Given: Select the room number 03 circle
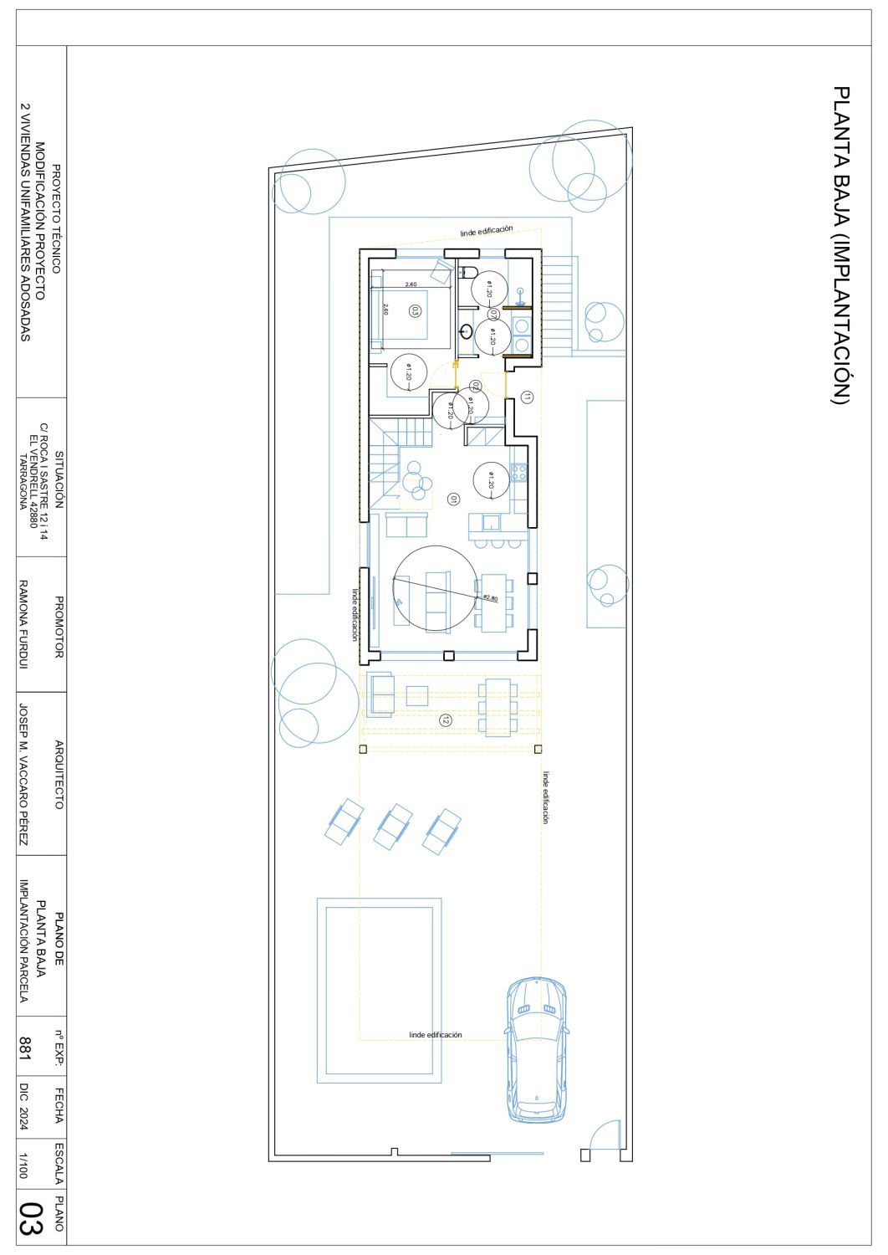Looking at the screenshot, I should coord(414,310).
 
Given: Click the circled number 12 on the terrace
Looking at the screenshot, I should coord(446,720).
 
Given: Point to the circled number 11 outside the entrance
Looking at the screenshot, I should coord(526,397).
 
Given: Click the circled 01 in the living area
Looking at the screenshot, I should coord(453,499).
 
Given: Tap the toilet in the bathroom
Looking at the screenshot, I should coord(467,272).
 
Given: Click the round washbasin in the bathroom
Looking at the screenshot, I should coord(466,330).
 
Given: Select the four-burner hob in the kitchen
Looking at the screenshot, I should coord(518,473).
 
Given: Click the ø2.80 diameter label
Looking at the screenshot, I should coord(491,597).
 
